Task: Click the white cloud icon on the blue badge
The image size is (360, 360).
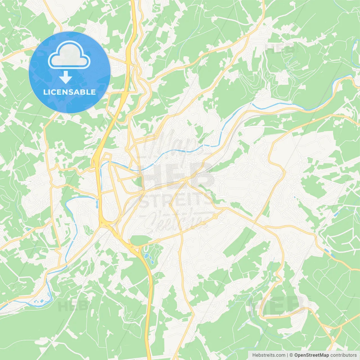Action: click(x=69, y=55)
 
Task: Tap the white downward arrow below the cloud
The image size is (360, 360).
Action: click(x=66, y=77)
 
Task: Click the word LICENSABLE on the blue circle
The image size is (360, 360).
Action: click(x=69, y=92)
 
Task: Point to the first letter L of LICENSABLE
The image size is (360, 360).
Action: click(x=45, y=92)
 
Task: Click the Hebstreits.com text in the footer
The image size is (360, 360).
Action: click(x=269, y=355)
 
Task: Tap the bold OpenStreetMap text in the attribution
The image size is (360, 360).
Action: click(x=312, y=355)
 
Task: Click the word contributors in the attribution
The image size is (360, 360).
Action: click(x=343, y=355)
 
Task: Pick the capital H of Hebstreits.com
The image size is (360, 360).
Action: click(x=254, y=355)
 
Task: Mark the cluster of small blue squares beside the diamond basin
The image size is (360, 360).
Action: click(x=36, y=302)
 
